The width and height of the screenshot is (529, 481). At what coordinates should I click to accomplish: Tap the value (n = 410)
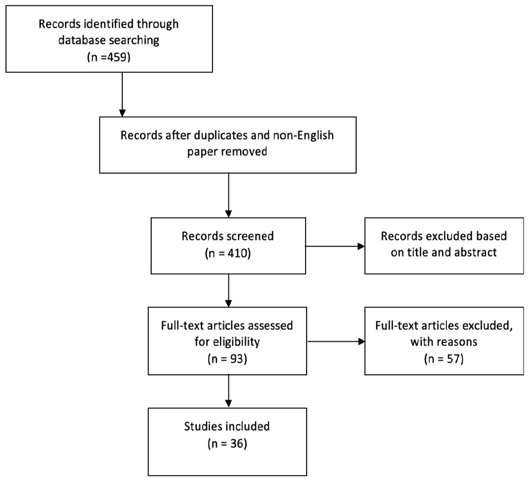(228, 252)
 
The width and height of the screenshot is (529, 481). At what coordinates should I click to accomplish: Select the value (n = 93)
(228, 358)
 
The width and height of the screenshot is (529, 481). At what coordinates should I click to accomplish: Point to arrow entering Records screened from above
(228, 193)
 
